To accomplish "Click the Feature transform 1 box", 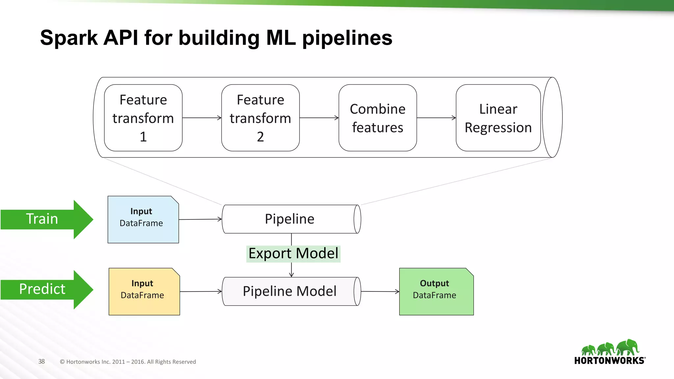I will click(x=143, y=118).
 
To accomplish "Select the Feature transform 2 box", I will click(x=260, y=118).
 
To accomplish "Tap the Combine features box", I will click(x=377, y=118).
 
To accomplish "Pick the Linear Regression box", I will click(x=498, y=118).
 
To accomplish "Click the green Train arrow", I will click(x=46, y=219).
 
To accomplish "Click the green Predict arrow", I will click(x=46, y=290).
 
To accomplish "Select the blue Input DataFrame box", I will click(x=143, y=220).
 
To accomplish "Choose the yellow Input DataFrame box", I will click(x=144, y=291).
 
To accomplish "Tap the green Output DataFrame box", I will click(x=436, y=291).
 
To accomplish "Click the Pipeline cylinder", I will click(x=290, y=219).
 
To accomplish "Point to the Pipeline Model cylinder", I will click(x=290, y=291).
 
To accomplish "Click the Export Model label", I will click(x=293, y=254).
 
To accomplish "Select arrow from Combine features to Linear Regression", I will click(x=436, y=118).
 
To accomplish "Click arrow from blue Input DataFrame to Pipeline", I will click(x=200, y=219).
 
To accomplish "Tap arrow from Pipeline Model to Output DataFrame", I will click(x=380, y=291).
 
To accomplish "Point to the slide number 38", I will click(x=41, y=362).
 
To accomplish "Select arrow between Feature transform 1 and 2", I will click(x=202, y=118).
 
